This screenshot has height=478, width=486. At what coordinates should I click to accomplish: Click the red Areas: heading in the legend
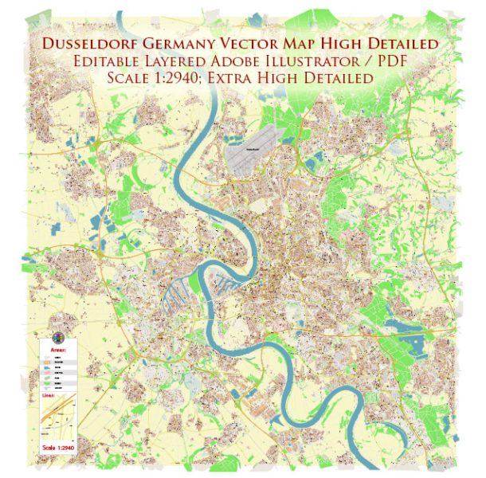pos(59,349)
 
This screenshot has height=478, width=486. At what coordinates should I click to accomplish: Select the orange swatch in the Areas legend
pos(46,362)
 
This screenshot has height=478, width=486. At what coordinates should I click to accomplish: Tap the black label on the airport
pos(272,148)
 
